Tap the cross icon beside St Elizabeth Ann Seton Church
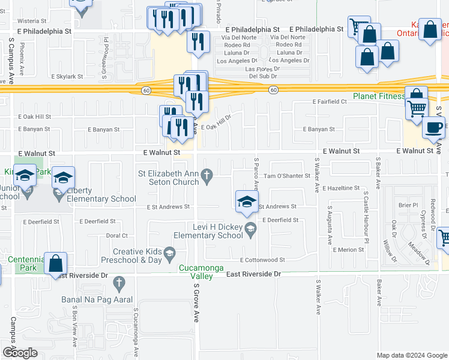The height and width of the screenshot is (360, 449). (207, 176)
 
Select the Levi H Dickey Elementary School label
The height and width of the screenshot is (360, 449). (207, 231)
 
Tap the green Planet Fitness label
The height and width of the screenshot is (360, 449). (378, 96)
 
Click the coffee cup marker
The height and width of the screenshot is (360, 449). (435, 128)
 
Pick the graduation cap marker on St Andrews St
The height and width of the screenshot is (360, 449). (247, 203)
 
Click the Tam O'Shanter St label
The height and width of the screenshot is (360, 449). (287, 176)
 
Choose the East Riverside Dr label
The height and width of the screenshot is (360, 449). (254, 274)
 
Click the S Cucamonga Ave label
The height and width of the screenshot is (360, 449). (136, 332)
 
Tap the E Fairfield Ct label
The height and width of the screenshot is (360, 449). (330, 102)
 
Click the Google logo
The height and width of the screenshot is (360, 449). (20, 353)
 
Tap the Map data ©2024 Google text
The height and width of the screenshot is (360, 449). (411, 355)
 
